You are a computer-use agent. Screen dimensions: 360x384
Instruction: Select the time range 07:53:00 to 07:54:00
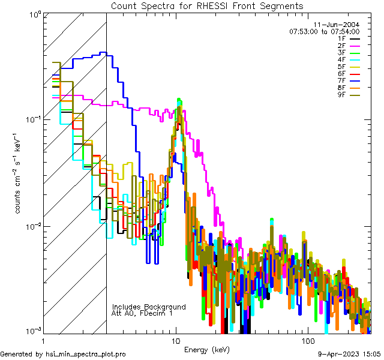[324, 32]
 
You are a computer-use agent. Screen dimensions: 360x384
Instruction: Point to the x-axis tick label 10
[176, 340]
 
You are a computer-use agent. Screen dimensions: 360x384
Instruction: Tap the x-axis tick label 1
[44, 340]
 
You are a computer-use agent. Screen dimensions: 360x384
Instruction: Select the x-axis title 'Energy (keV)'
[206, 349]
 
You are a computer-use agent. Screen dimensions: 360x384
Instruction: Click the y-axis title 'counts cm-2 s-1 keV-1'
[20, 172]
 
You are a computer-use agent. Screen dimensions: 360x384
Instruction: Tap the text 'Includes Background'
[149, 307]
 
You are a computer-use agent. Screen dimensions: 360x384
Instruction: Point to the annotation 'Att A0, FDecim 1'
[142, 314]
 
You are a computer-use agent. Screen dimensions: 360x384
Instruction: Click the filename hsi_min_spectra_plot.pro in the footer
[86, 355]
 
